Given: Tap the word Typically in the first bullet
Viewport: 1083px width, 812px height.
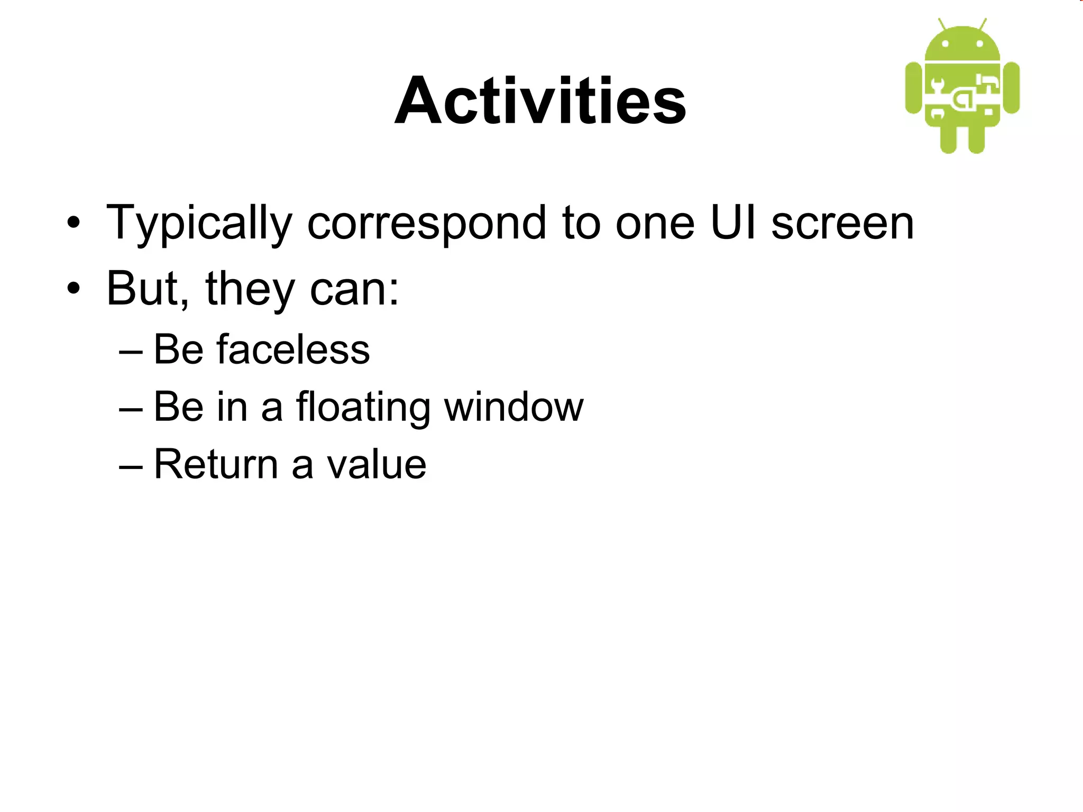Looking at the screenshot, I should click(x=199, y=223).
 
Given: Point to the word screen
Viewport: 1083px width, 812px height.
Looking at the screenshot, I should click(x=842, y=223).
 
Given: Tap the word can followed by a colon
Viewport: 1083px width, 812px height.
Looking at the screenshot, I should click(x=354, y=290).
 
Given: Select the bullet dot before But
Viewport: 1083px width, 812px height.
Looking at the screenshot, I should click(x=74, y=289).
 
